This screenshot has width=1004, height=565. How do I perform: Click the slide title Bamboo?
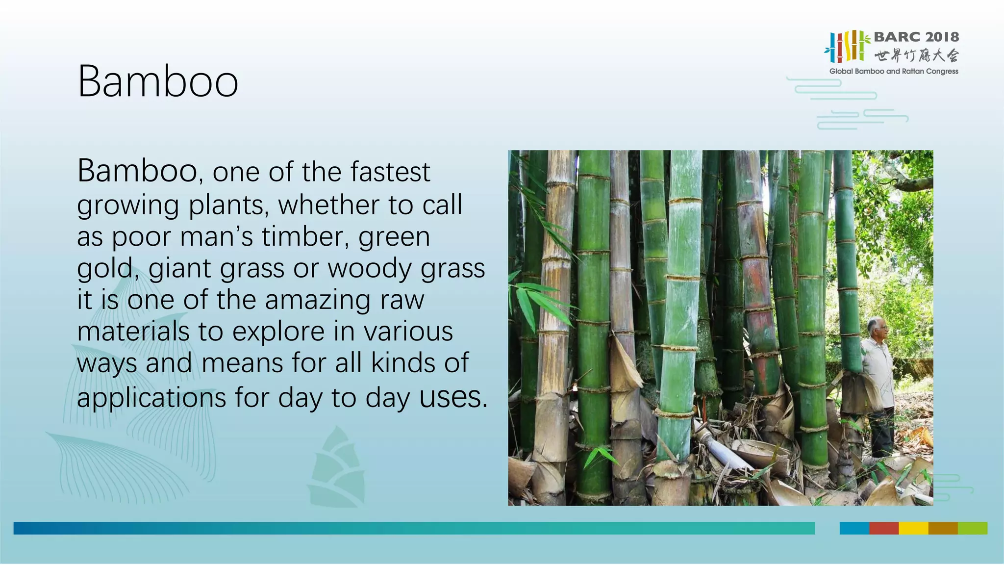(x=158, y=81)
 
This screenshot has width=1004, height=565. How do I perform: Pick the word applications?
(x=151, y=397)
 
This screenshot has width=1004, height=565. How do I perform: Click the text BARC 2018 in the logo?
(x=916, y=37)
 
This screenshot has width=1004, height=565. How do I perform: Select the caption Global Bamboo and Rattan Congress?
(x=893, y=72)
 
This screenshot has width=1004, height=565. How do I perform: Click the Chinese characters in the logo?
(x=916, y=55)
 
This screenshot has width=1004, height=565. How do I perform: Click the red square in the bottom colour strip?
(x=883, y=528)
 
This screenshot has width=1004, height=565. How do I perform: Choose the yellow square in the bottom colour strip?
(x=913, y=528)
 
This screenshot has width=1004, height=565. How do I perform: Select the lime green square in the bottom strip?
(x=972, y=528)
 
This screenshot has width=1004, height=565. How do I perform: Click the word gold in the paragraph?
(x=105, y=269)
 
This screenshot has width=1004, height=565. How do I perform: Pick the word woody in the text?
(x=370, y=269)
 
